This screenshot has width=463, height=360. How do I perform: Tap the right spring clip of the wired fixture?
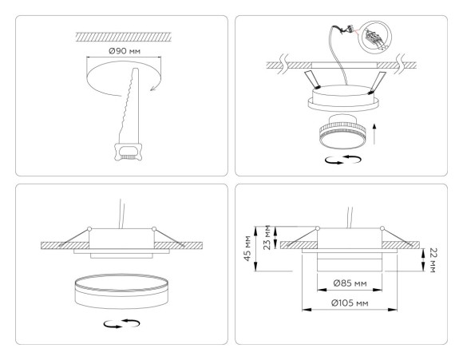pyautogui.click(x=377, y=78)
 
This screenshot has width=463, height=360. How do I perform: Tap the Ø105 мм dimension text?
pyautogui.click(x=350, y=304)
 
